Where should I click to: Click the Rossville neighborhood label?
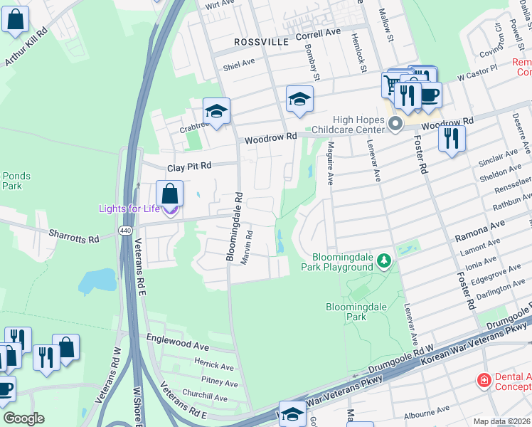(261, 43)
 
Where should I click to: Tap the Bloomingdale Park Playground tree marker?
(384, 261)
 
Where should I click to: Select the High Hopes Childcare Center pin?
(395, 125)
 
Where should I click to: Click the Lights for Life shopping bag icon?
(169, 193)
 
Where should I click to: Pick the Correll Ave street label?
(319, 33)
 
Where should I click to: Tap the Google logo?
(23, 418)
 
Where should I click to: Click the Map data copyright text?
(502, 421)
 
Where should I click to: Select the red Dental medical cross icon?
(484, 380)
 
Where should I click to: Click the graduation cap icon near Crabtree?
(216, 111)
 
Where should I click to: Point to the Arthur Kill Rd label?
(26, 48)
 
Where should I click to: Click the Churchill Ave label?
(205, 394)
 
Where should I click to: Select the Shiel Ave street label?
(238, 63)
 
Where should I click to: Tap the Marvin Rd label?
(245, 247)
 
